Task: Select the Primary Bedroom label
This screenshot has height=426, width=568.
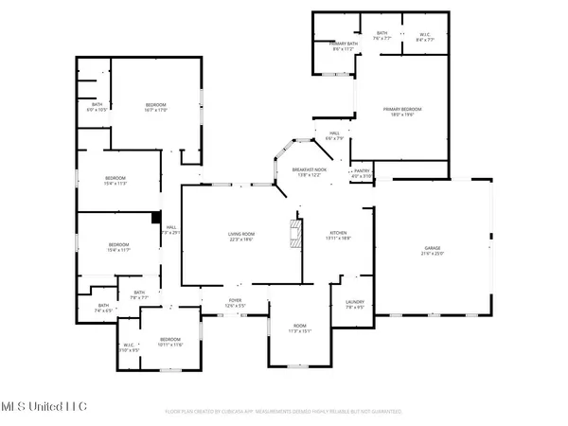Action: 402,112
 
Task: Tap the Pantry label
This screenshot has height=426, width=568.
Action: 362,173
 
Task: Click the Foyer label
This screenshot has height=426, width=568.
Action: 235,304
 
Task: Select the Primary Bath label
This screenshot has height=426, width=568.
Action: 343,46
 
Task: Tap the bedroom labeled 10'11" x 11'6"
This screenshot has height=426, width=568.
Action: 169,342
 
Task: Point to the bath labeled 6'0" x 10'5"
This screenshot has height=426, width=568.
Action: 97,107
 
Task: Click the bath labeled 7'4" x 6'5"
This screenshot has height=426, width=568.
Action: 103,308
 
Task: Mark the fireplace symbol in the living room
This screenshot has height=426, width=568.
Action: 294,234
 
